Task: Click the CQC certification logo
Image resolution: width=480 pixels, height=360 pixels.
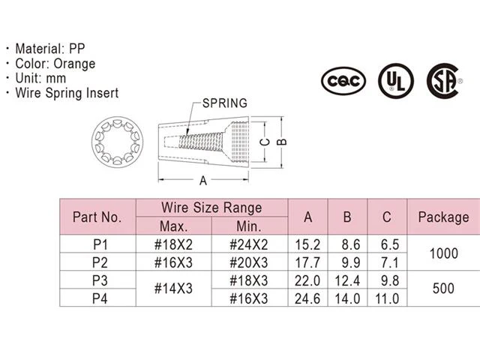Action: coord(343,81)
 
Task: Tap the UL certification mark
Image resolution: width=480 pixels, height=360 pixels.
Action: coord(396,81)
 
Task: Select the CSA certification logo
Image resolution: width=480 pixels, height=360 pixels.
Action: coord(443,81)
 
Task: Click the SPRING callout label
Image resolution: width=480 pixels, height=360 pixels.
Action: coord(225,103)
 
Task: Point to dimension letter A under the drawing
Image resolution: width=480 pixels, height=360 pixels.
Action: coord(203,181)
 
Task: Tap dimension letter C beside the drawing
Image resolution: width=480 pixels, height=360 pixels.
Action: coord(265,142)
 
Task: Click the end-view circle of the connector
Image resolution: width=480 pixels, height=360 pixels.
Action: coord(117,142)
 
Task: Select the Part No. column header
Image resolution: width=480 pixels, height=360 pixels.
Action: coord(97,217)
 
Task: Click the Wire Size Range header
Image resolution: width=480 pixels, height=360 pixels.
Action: coord(211,208)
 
